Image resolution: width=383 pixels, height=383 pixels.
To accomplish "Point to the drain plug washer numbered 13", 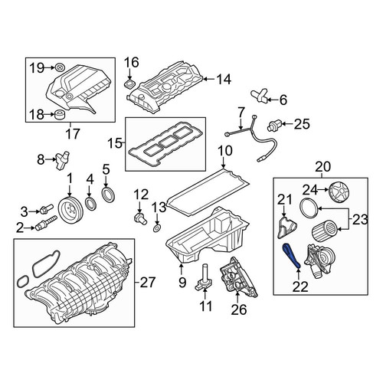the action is click(157, 228).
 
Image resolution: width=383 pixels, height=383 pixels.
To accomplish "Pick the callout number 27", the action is click(148, 283).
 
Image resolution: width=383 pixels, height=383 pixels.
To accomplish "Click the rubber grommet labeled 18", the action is click(61, 116).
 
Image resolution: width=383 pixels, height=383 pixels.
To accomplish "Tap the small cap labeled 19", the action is click(60, 67).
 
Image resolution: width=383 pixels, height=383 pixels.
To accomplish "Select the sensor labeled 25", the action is click(274, 125).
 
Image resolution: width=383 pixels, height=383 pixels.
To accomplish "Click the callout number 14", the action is click(224, 80).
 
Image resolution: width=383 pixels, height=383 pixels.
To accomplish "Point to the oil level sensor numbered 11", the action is click(204, 277).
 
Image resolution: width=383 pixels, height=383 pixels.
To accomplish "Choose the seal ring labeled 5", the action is click(109, 194).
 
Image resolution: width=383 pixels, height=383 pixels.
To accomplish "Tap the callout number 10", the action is click(225, 151).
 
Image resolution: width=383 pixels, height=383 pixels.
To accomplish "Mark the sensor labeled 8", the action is click(61, 160).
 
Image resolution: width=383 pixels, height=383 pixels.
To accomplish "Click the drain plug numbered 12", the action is click(140, 218).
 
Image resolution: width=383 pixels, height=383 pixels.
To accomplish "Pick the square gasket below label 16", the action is click(129, 84).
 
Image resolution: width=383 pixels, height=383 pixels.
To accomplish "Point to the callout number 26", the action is click(239, 309).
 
